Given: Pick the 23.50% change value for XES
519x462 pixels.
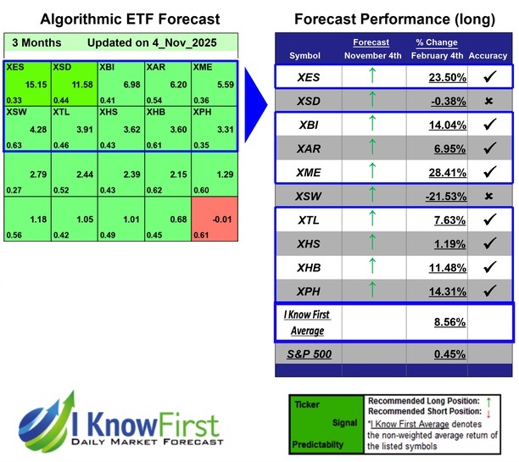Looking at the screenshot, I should (x=428, y=78).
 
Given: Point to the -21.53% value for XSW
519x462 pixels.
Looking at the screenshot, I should (x=428, y=196).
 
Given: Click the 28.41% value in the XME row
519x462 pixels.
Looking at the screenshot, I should (x=428, y=172).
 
